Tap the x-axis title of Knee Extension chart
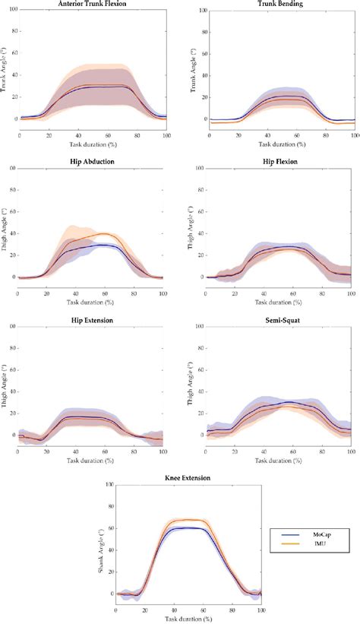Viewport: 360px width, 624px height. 188,618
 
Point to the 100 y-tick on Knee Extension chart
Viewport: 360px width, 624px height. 109,484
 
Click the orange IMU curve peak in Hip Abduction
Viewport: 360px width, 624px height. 104,233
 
